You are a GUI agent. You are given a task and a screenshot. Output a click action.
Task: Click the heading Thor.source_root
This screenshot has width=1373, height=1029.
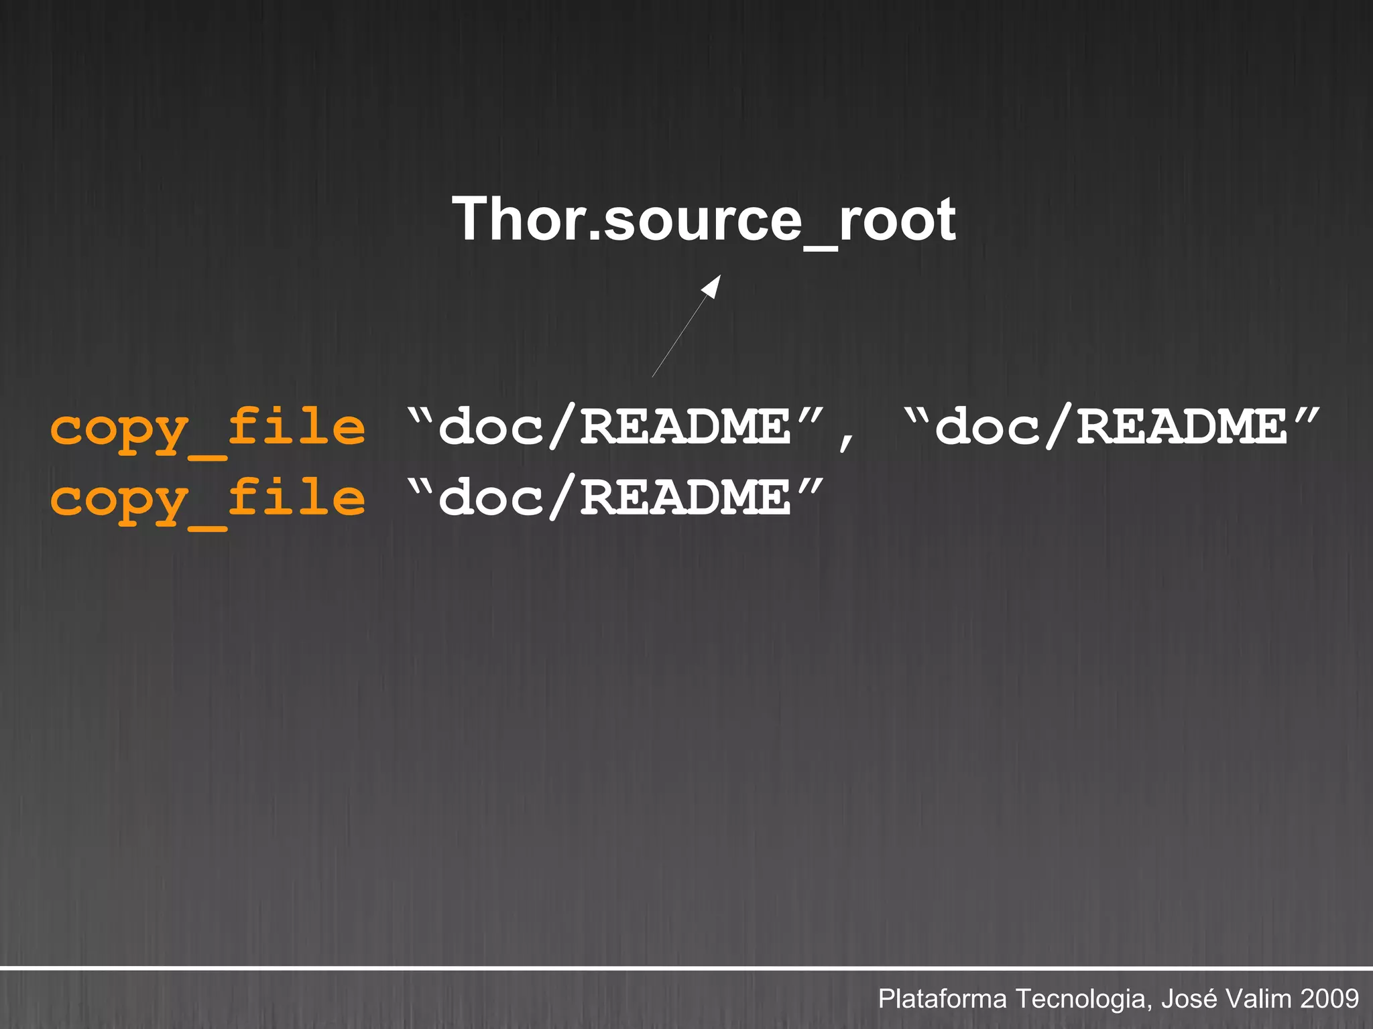[703, 220]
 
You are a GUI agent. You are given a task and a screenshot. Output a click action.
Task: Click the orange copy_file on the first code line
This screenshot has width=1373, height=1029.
[208, 429]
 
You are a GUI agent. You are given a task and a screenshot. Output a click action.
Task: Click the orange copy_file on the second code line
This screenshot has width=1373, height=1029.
[208, 500]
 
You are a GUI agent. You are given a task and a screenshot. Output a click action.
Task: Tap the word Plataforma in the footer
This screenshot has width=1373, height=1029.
[942, 999]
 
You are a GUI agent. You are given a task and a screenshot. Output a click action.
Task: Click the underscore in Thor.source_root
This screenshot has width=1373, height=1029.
[819, 248]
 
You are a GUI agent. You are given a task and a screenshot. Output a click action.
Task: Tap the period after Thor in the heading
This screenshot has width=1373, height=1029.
[594, 236]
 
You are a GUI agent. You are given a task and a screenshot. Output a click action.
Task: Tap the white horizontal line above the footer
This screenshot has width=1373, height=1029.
[686, 969]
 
